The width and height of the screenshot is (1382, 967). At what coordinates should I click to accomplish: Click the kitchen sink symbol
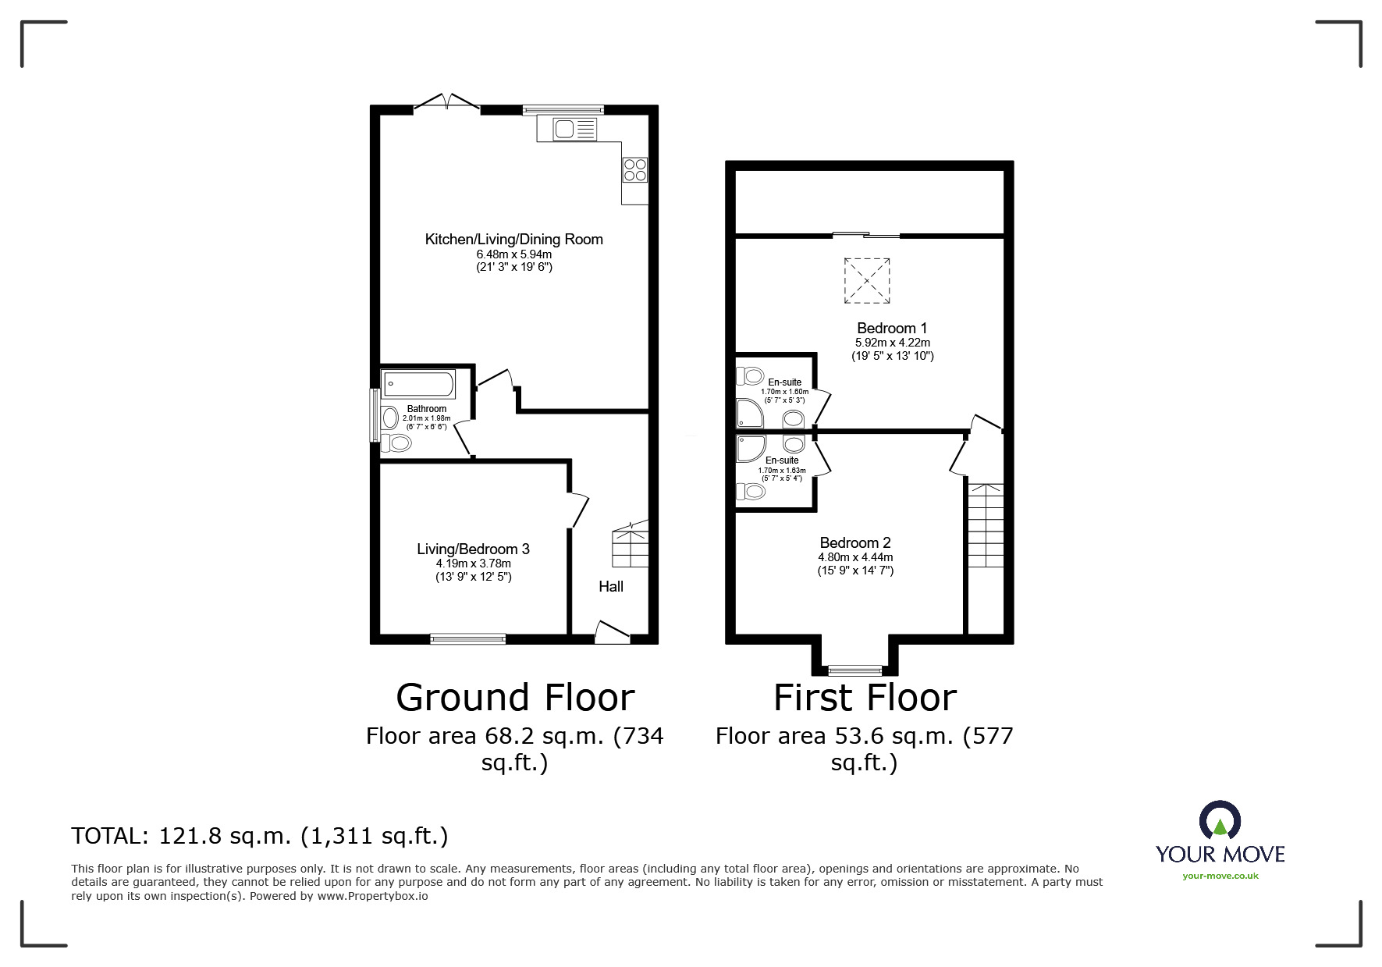coord(575,129)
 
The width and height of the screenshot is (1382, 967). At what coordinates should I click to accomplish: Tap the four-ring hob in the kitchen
coord(634,169)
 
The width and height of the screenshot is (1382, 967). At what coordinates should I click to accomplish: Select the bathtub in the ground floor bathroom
coord(418,385)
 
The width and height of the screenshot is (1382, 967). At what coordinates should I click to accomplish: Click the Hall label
coord(611,586)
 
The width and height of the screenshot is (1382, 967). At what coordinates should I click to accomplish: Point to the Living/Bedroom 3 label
coord(474,549)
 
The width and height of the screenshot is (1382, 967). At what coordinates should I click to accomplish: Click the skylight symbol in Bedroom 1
coord(866,281)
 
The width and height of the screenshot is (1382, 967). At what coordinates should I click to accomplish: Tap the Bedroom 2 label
coord(855,543)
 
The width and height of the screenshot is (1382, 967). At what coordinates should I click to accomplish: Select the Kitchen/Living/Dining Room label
coord(514,240)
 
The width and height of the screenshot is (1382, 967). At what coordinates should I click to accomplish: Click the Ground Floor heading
coord(515,698)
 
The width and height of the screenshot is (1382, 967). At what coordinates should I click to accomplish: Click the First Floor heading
coord(865,698)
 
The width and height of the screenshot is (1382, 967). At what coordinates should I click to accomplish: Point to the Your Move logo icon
coord(1220,822)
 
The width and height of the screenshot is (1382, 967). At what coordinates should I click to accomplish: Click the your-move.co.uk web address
coord(1220,876)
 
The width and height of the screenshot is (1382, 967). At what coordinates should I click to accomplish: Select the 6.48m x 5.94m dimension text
coord(514,254)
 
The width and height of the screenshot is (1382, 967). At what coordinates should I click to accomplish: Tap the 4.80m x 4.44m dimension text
coord(855,557)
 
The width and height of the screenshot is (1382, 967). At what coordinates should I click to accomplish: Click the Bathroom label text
coord(427,409)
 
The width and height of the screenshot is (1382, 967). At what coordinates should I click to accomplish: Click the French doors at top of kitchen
coord(446,102)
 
